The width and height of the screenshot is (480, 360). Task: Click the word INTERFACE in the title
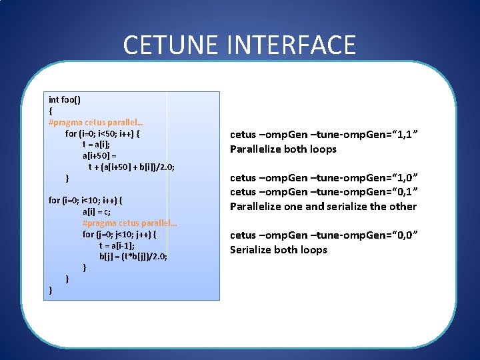[x=291, y=45]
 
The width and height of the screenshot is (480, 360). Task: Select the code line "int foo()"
[x=65, y=99]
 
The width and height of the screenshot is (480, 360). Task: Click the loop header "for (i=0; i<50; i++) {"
[x=103, y=133]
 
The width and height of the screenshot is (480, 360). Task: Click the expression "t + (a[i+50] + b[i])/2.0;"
[x=132, y=167]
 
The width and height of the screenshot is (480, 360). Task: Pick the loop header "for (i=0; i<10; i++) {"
[x=85, y=200]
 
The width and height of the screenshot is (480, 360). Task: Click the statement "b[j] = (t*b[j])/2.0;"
[x=133, y=256]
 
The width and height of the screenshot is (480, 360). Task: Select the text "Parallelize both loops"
[x=283, y=149]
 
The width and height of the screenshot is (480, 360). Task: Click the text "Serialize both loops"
[x=279, y=249]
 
